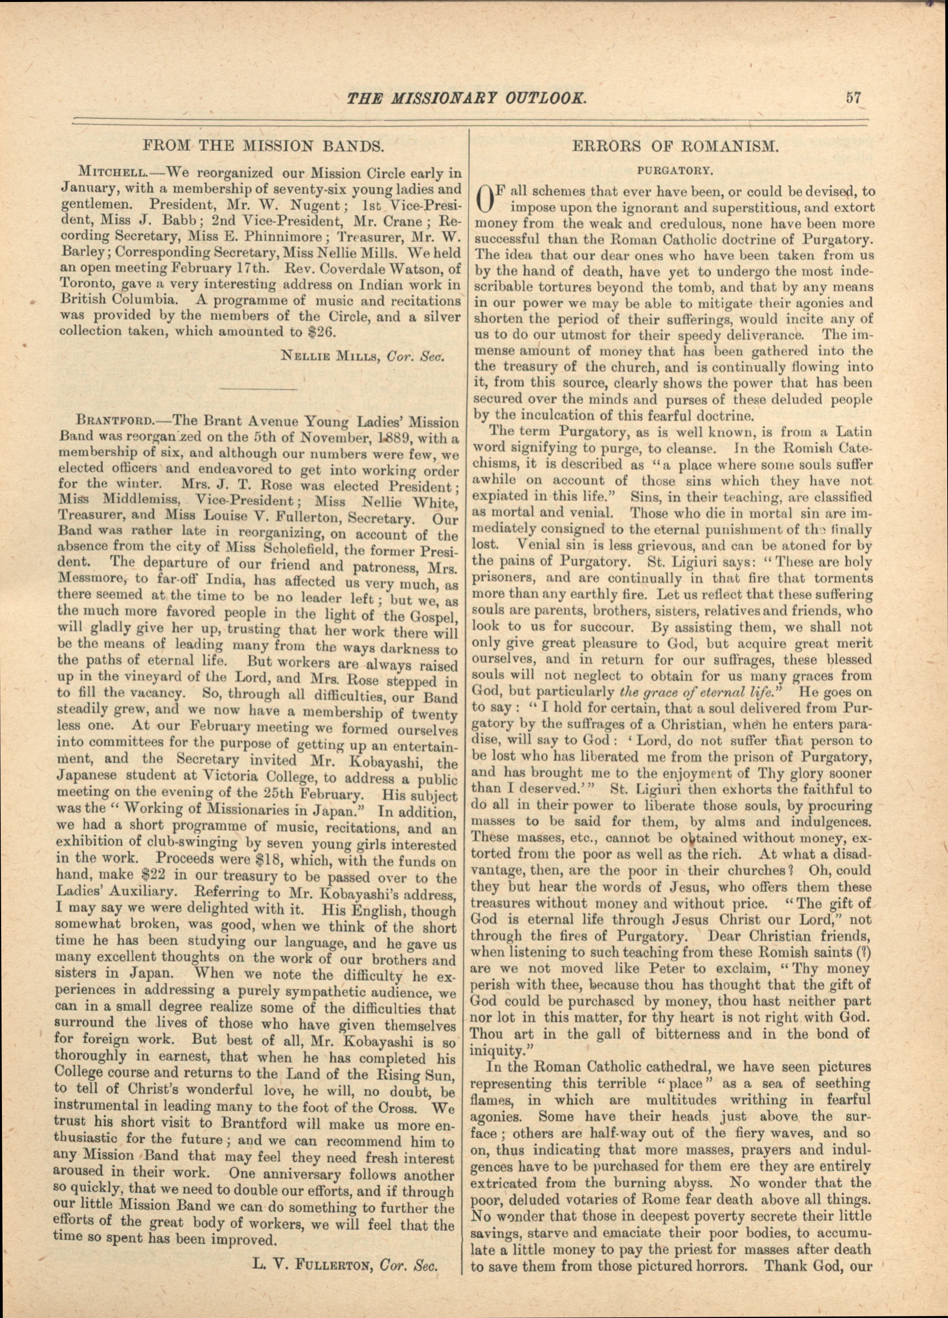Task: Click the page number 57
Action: (x=853, y=97)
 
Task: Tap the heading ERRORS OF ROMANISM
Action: (x=675, y=146)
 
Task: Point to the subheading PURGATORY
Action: (x=675, y=171)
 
